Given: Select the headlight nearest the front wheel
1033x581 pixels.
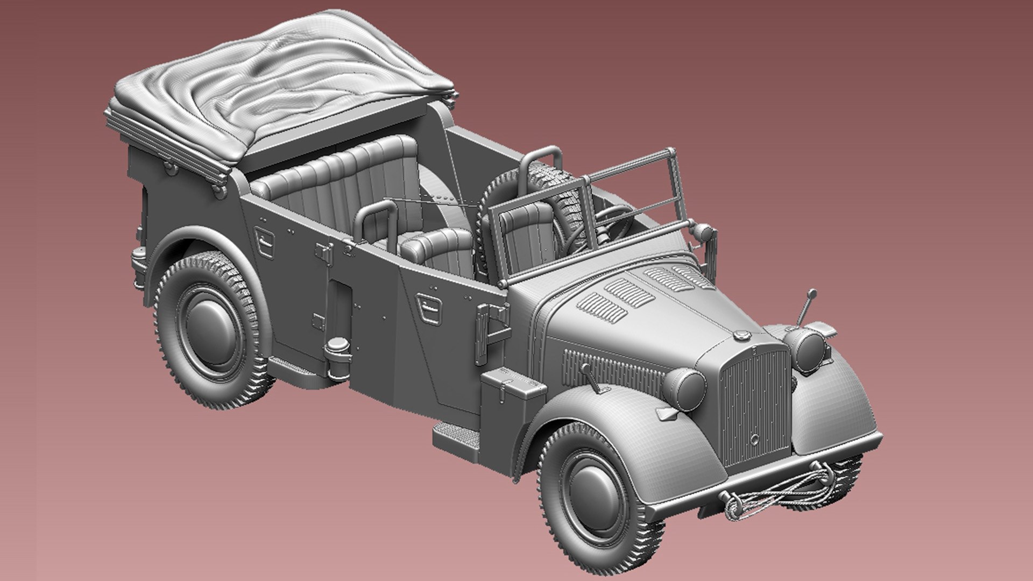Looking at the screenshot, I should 684,388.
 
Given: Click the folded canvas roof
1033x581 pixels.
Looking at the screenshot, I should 280,81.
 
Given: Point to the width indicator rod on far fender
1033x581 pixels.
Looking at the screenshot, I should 805,308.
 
